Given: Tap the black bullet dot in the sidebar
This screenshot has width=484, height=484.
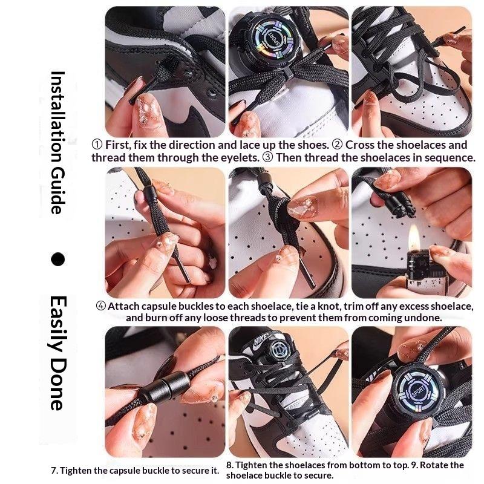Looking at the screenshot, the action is tap(57, 259).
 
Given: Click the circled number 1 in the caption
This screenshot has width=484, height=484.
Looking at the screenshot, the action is tap(97, 145).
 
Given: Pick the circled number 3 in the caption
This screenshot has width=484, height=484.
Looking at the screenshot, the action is tap(267, 157).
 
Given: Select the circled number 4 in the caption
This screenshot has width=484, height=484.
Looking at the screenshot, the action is tap(100, 306).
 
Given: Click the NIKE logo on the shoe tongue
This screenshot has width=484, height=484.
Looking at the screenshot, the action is tap(263, 341).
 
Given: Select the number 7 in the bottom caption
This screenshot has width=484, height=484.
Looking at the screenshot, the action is tap(54, 471).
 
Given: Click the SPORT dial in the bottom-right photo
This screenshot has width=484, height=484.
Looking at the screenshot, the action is tap(417, 391).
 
